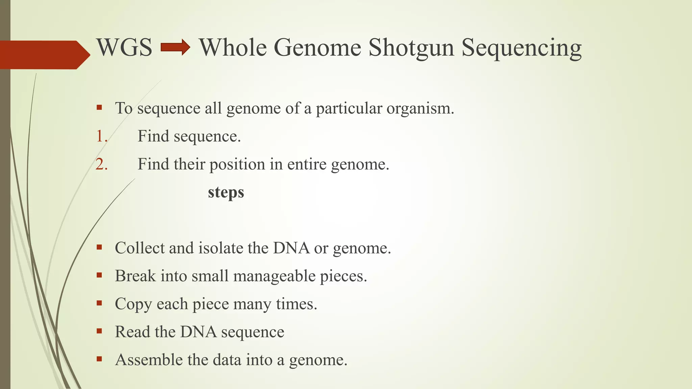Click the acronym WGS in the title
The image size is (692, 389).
124,47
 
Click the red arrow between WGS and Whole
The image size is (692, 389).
175,47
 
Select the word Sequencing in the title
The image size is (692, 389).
521,48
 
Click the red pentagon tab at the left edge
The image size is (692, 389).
44,55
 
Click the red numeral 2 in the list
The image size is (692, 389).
101,164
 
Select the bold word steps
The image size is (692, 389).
226,192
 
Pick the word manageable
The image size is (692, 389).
274,276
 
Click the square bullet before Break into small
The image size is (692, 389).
99,275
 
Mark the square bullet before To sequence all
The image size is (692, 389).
99,108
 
